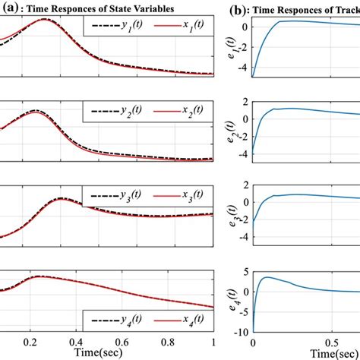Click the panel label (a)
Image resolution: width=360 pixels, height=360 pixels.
pos(10,9)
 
